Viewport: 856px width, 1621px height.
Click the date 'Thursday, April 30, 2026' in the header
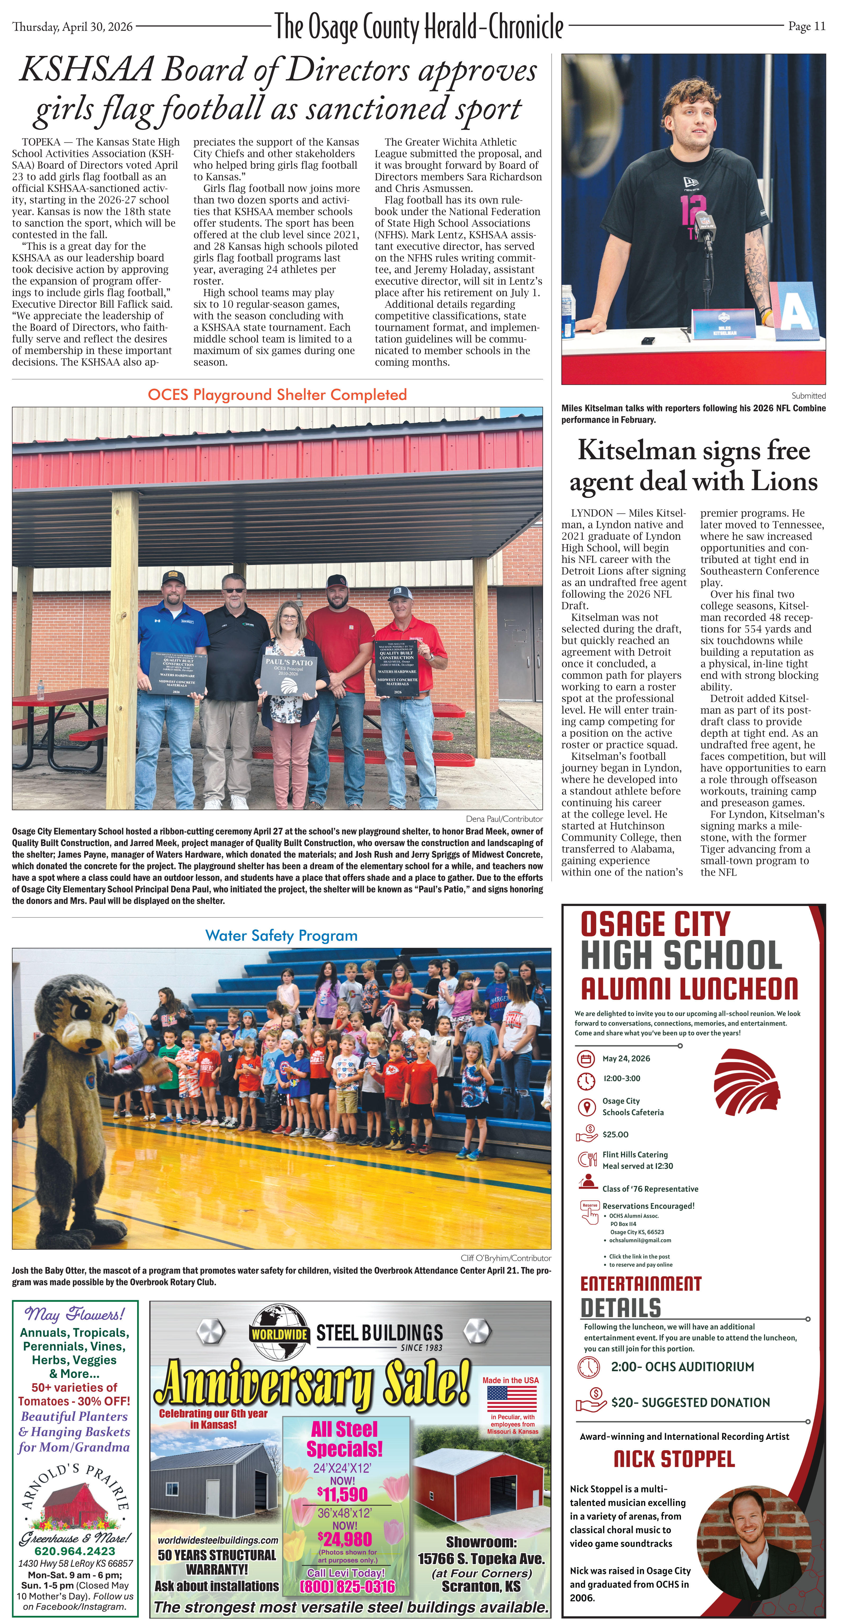(x=72, y=26)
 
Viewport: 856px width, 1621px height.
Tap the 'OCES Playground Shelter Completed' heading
(x=277, y=395)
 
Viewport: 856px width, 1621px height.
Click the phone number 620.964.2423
(x=75, y=1551)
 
